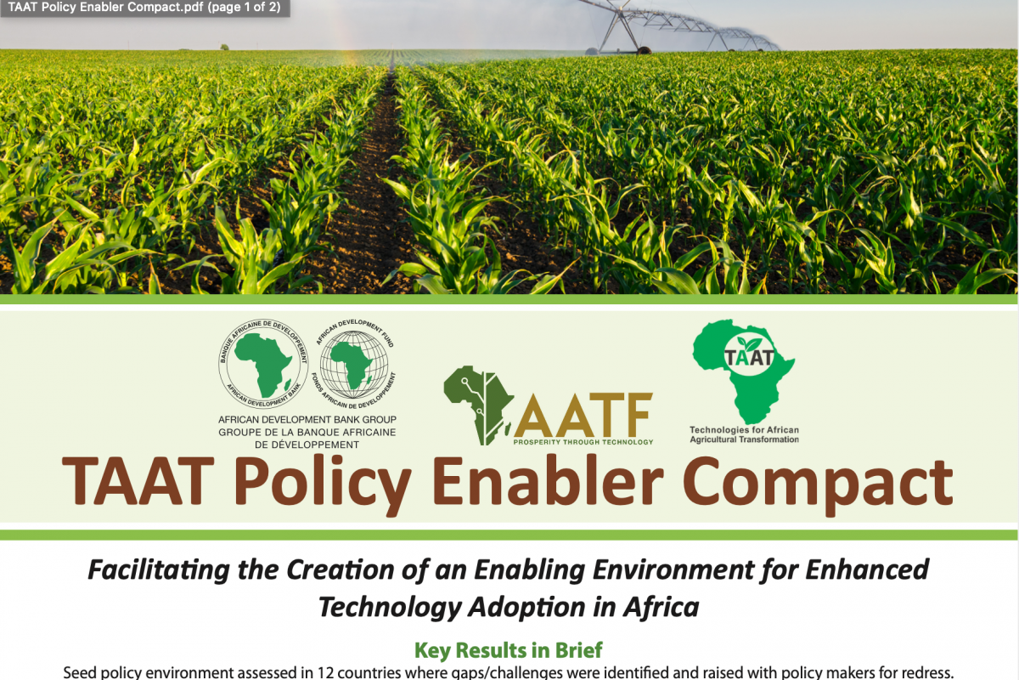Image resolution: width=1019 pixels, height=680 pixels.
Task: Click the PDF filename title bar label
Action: [x=144, y=8]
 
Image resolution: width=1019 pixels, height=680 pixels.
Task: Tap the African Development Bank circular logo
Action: [x=263, y=364]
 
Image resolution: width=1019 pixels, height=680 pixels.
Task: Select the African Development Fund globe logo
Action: [x=354, y=364]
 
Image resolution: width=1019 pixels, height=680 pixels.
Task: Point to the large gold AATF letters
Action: [x=583, y=415]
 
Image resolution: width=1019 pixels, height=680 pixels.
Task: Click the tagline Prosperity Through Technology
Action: [x=583, y=442]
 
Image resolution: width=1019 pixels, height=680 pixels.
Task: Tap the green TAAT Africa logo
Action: [x=743, y=371]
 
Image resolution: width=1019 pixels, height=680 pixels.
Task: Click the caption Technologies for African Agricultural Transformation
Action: [x=744, y=434]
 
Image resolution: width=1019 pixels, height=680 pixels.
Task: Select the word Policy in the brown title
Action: [x=323, y=485]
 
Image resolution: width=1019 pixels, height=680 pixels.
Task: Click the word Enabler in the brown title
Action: [x=548, y=480]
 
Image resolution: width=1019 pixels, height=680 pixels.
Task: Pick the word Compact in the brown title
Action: [x=818, y=485]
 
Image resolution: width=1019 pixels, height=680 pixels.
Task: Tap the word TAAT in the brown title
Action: [x=138, y=480]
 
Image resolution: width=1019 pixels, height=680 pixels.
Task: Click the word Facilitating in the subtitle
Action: [x=159, y=569]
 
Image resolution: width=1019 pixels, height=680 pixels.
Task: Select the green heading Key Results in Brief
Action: [x=509, y=650]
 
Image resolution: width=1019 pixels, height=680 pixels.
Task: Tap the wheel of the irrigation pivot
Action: [x=644, y=50]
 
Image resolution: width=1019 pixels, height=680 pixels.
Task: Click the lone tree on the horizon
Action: [x=224, y=47]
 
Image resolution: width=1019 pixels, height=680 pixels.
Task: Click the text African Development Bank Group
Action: [x=307, y=420]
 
